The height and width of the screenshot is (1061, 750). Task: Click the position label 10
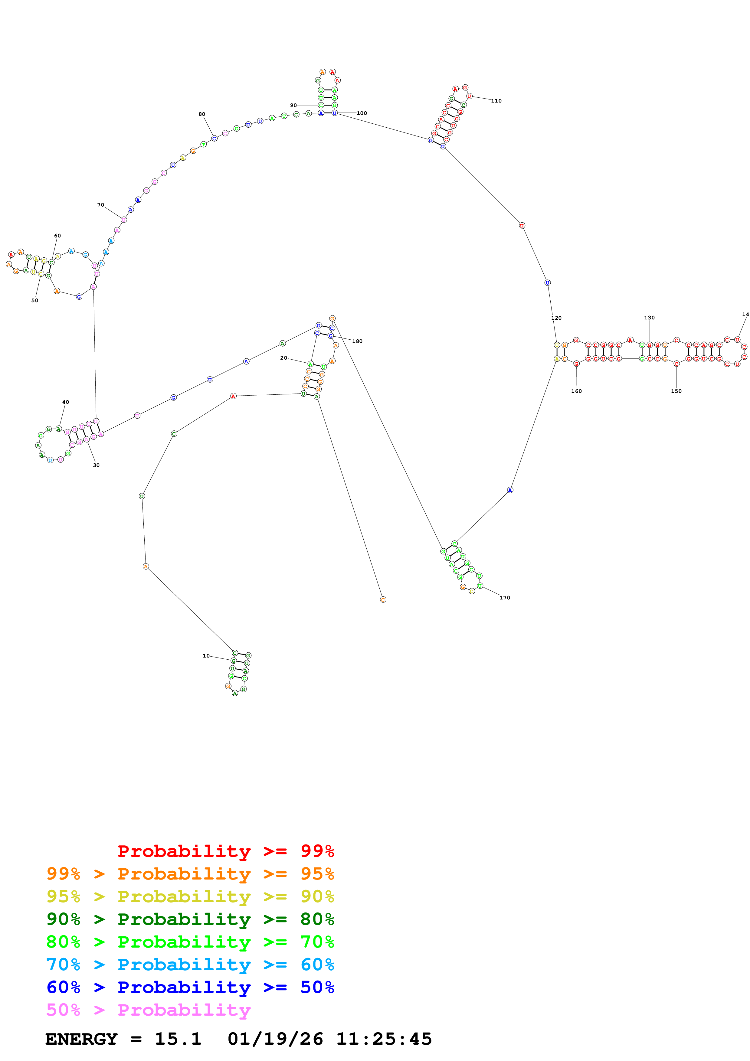[x=206, y=656]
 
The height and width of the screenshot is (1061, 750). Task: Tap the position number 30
[x=96, y=465]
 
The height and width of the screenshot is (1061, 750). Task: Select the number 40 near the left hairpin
[x=66, y=402]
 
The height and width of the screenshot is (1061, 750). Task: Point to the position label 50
[x=35, y=300]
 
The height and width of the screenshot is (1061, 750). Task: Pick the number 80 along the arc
[x=202, y=114]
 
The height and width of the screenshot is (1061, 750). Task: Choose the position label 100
[x=362, y=113]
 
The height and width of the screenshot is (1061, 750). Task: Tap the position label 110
[x=496, y=101]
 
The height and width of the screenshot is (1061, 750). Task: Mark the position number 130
[x=649, y=318]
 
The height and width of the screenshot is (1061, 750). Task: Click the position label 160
[x=576, y=391]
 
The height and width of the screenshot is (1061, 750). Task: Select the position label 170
[x=505, y=598]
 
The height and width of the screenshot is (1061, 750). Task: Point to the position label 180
[x=357, y=341]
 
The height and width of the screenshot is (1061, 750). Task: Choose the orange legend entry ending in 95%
[x=190, y=874]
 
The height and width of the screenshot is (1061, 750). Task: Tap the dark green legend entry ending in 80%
[x=190, y=919]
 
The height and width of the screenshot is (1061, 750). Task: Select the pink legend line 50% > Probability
[x=148, y=1010]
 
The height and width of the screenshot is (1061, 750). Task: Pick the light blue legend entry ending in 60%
[x=190, y=965]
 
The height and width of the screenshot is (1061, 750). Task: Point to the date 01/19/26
[x=275, y=1039]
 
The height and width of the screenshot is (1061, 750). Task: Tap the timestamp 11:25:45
[x=384, y=1039]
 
